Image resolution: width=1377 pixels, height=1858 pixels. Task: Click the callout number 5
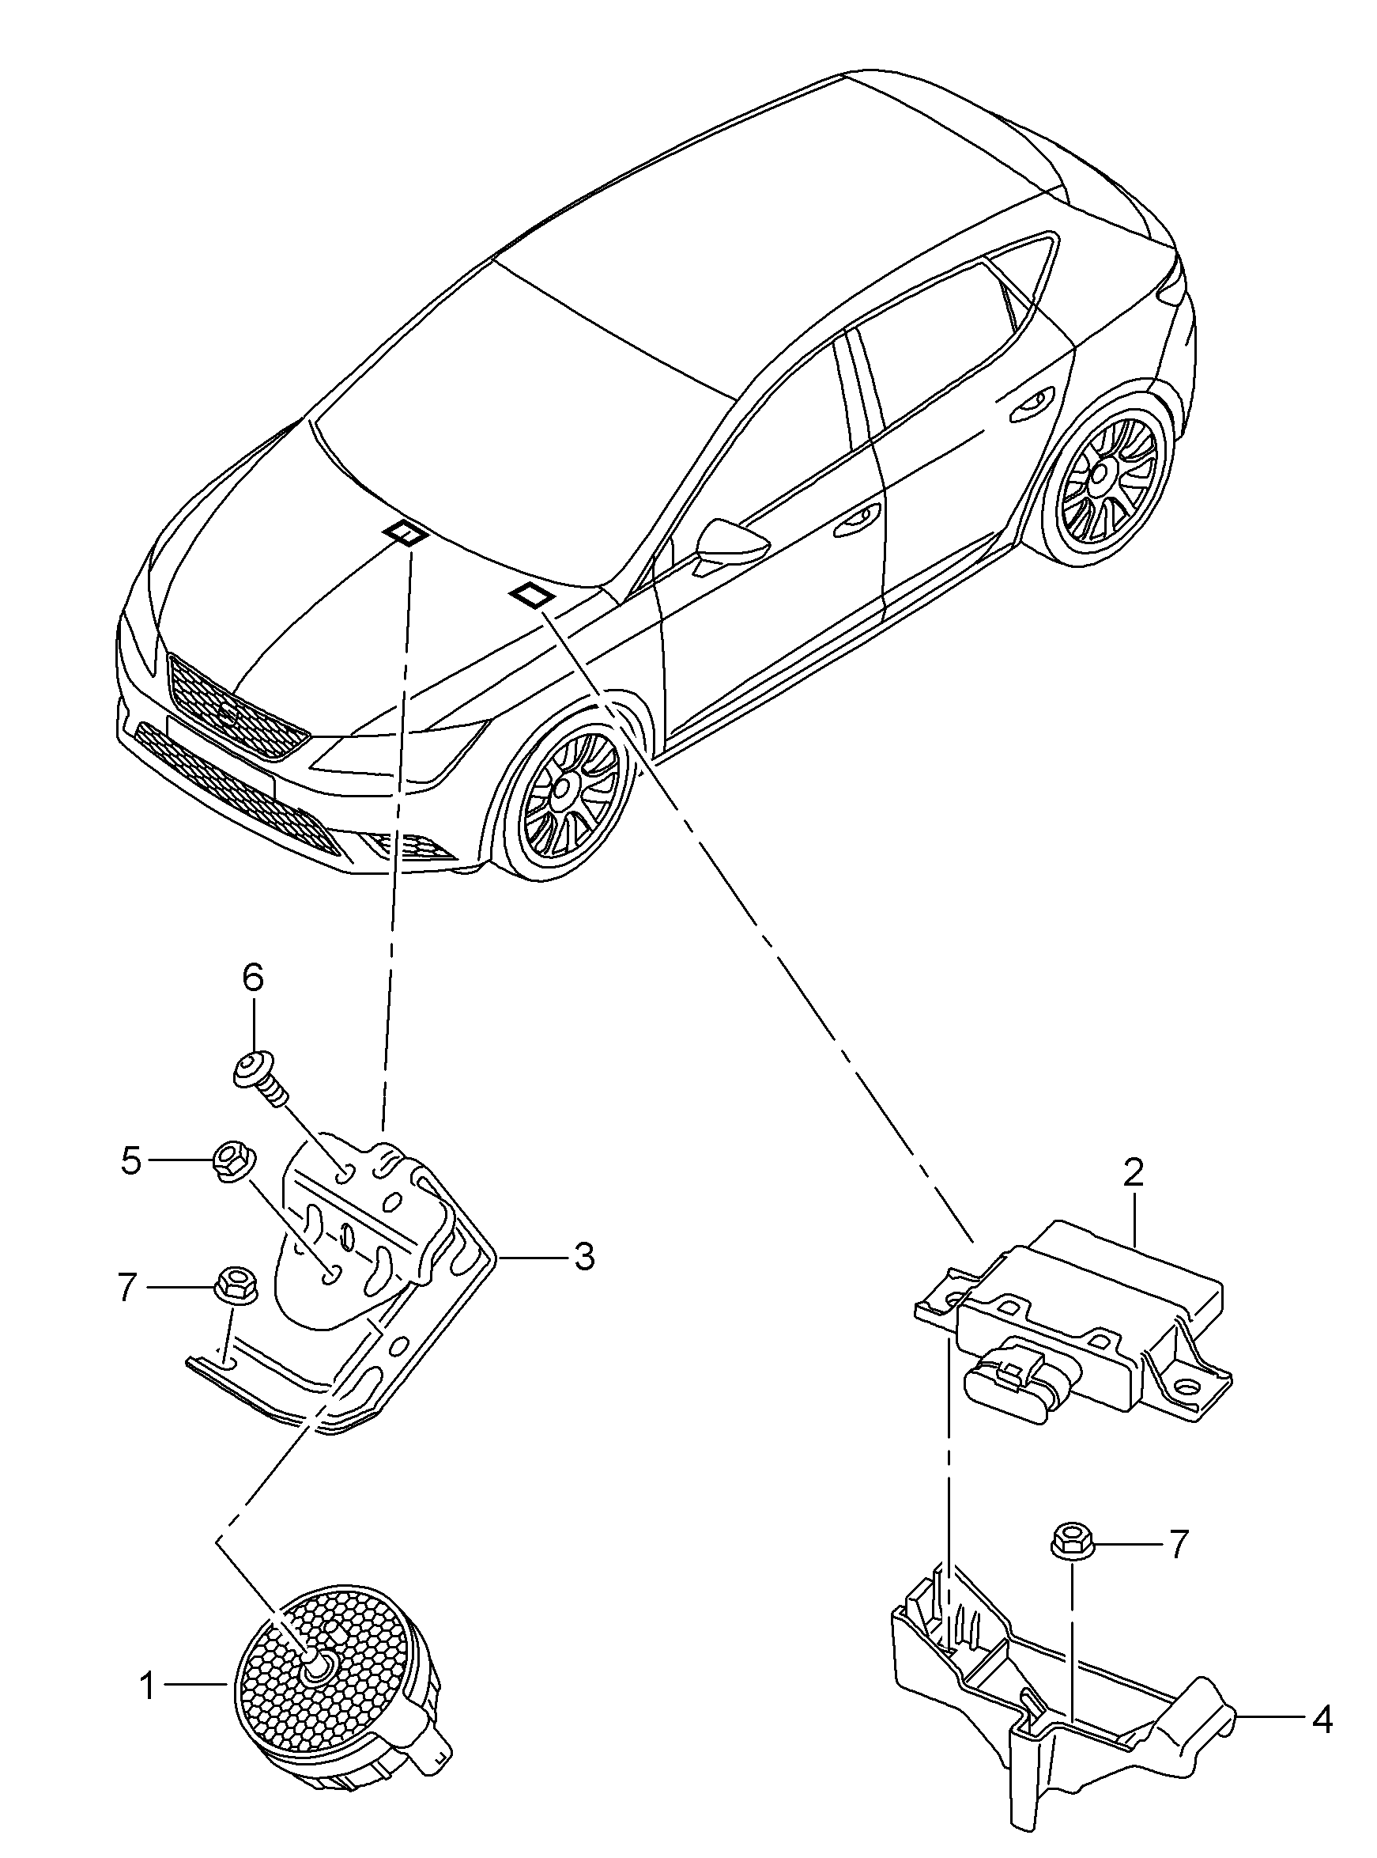[x=131, y=1161]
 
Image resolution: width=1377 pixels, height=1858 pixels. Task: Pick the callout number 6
[x=253, y=977]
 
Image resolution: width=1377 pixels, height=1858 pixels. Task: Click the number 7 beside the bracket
[x=126, y=1288]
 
